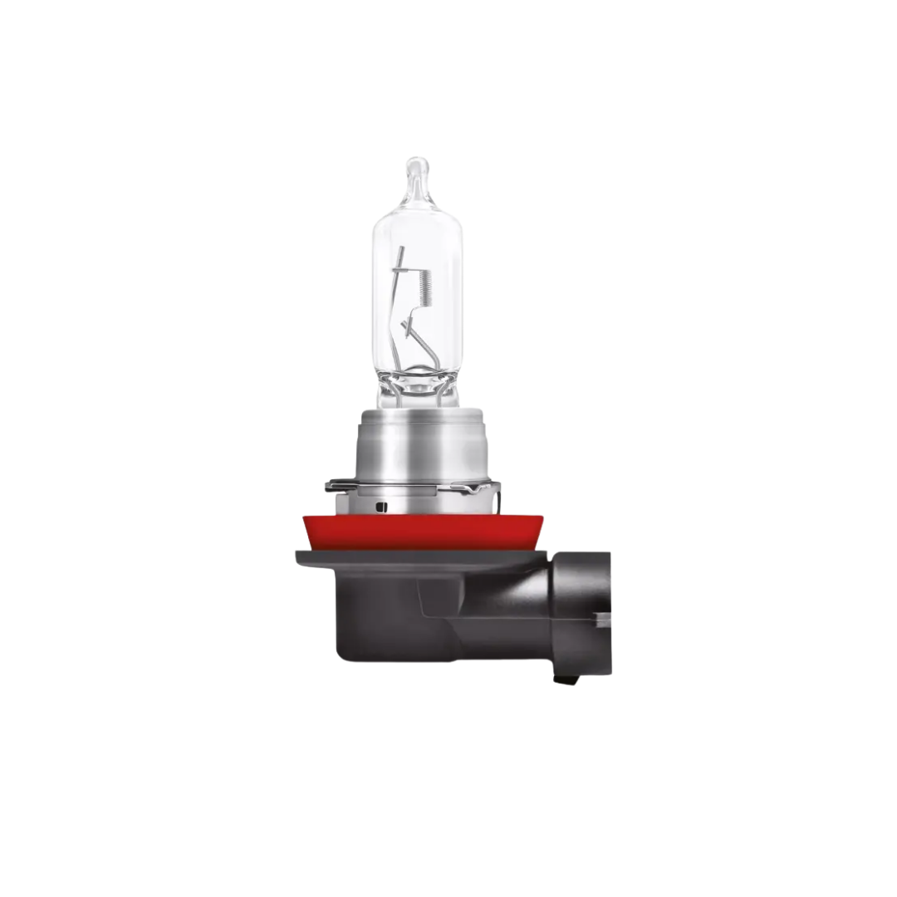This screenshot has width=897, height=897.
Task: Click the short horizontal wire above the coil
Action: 415,267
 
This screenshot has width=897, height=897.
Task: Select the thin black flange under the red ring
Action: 415,555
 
